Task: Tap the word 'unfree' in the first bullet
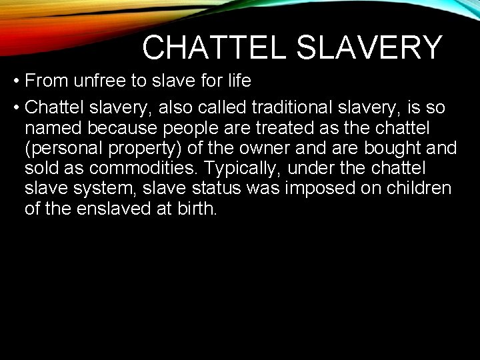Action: tap(101, 81)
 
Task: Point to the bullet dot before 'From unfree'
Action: tap(15, 82)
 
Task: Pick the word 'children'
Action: tap(419, 188)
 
